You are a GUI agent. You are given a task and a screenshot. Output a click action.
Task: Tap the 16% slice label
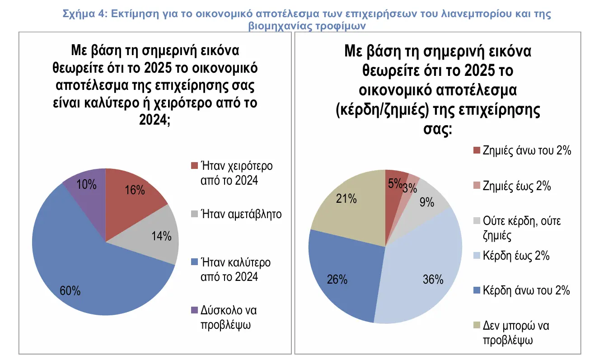pyautogui.click(x=135, y=190)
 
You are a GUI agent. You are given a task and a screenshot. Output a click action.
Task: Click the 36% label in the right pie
pyautogui.click(x=433, y=280)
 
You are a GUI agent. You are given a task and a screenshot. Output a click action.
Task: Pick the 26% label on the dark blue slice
pyautogui.click(x=337, y=280)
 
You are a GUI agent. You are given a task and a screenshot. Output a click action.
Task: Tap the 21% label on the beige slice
pyautogui.click(x=346, y=199)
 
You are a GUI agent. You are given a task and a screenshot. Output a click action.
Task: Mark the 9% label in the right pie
pyautogui.click(x=427, y=202)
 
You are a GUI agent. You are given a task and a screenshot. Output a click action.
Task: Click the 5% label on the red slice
pyautogui.click(x=394, y=183)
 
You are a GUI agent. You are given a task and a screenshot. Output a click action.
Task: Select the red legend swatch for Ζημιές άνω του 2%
pyautogui.click(x=476, y=151)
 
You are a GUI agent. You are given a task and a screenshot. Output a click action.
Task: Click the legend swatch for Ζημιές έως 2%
pyautogui.click(x=476, y=186)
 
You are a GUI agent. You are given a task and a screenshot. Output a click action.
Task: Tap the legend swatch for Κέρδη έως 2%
pyautogui.click(x=476, y=256)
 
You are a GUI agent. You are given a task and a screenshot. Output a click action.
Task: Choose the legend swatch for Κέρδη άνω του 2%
pyautogui.click(x=476, y=290)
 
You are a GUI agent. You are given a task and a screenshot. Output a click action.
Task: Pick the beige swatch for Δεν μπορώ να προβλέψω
pyautogui.click(x=476, y=326)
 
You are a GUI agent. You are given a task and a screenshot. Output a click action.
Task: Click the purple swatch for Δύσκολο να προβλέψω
pyautogui.click(x=194, y=310)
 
